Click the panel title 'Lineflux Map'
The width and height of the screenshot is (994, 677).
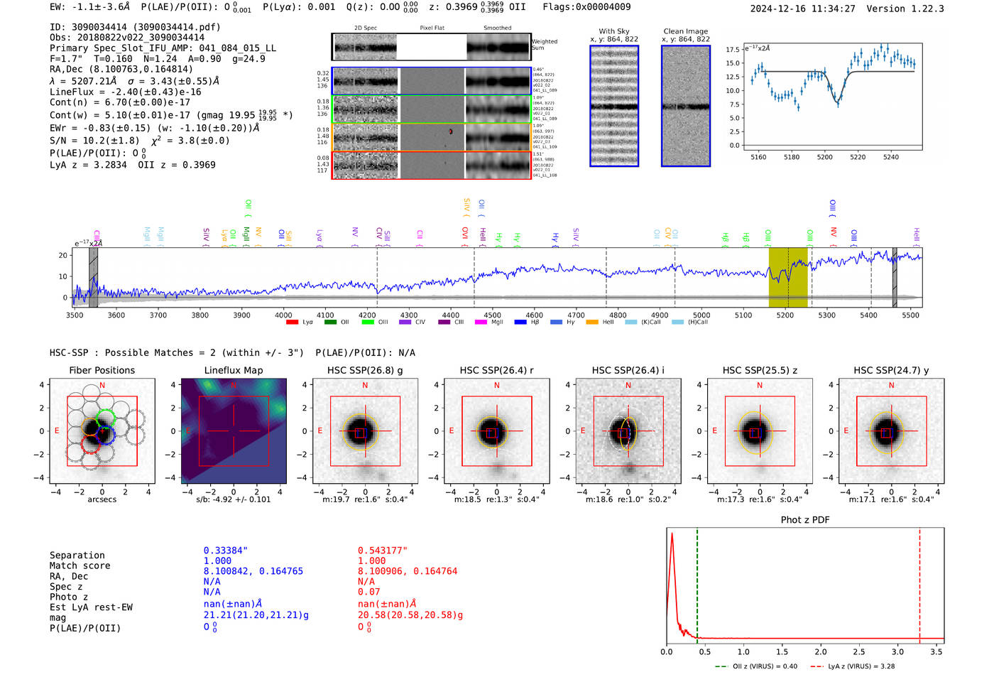(x=233, y=370)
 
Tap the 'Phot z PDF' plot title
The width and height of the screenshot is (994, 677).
(x=805, y=520)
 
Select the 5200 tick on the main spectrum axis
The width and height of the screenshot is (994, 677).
(x=785, y=315)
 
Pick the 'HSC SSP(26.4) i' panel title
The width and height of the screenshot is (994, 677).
(x=628, y=370)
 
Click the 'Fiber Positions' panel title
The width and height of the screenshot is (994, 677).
(x=102, y=370)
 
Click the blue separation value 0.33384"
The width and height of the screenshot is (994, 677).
(x=226, y=551)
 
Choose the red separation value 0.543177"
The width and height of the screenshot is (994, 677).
(x=383, y=551)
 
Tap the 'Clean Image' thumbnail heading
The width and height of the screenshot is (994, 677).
(x=685, y=31)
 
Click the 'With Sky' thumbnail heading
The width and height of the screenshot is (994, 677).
(x=613, y=31)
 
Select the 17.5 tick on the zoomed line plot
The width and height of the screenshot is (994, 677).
(x=733, y=50)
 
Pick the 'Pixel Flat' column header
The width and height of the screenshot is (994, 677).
(x=432, y=28)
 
